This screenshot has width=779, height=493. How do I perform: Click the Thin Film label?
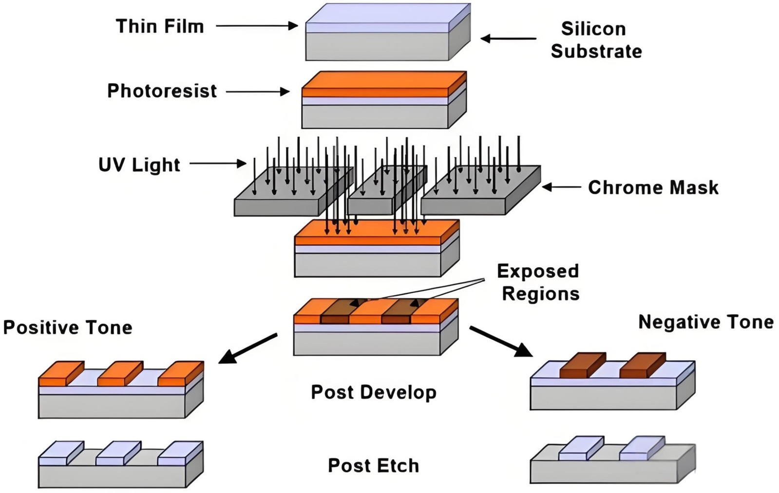pyautogui.click(x=160, y=26)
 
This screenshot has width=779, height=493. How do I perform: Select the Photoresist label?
pyautogui.click(x=162, y=91)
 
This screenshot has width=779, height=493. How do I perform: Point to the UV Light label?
pyautogui.click(x=139, y=165)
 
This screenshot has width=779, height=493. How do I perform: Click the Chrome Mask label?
pyautogui.click(x=653, y=187)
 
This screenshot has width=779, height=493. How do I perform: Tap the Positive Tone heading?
pyautogui.click(x=68, y=328)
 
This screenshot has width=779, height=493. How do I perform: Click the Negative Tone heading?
pyautogui.click(x=705, y=322)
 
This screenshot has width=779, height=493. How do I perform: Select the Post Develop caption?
pyautogui.click(x=373, y=392)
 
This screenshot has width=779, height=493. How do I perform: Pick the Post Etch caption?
pyautogui.click(x=373, y=465)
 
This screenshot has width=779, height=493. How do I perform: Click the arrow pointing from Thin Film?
pyautogui.click(x=256, y=26)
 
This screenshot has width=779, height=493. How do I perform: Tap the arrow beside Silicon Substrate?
pyautogui.click(x=508, y=38)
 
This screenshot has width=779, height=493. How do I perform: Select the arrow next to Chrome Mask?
pyautogui.click(x=561, y=187)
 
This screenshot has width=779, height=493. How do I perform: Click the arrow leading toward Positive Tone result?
pyautogui.click(x=248, y=348)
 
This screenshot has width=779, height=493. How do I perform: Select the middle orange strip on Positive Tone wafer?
pyautogui.click(x=119, y=373)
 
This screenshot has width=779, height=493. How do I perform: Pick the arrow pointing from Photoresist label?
pyautogui.click(x=258, y=91)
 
